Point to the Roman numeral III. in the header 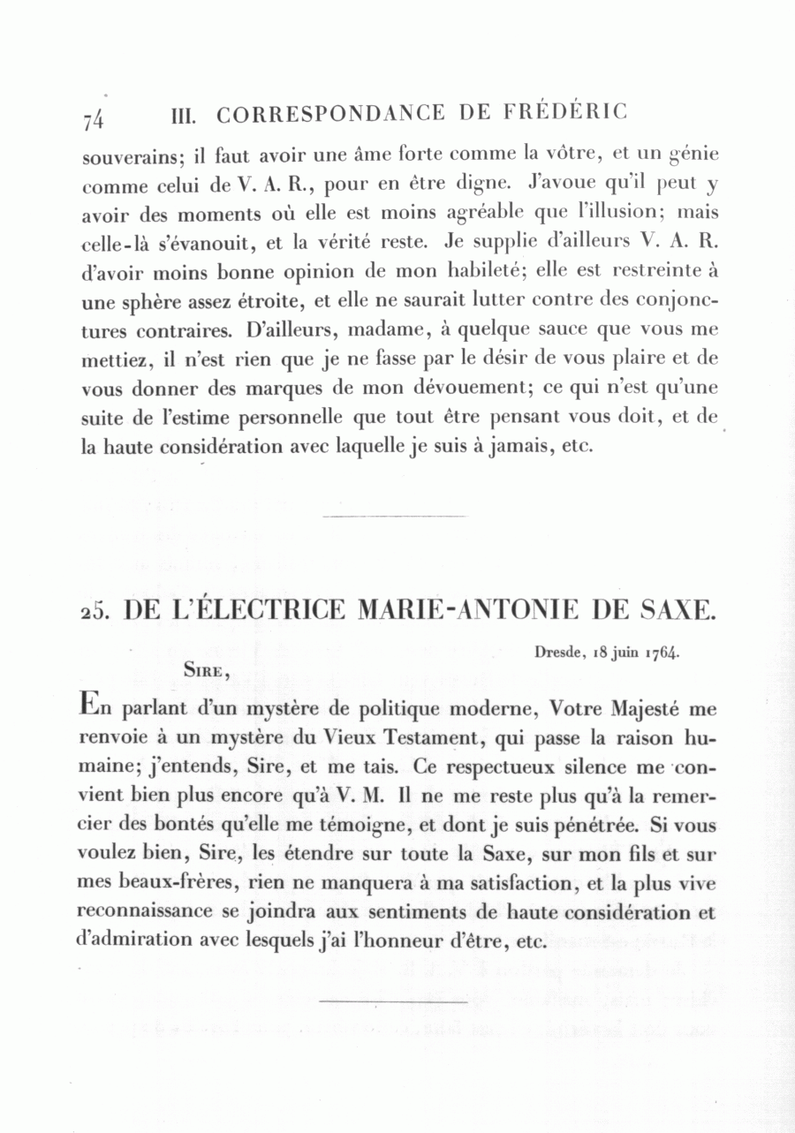click(185, 115)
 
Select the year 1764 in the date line click(662, 653)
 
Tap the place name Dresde click(559, 653)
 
